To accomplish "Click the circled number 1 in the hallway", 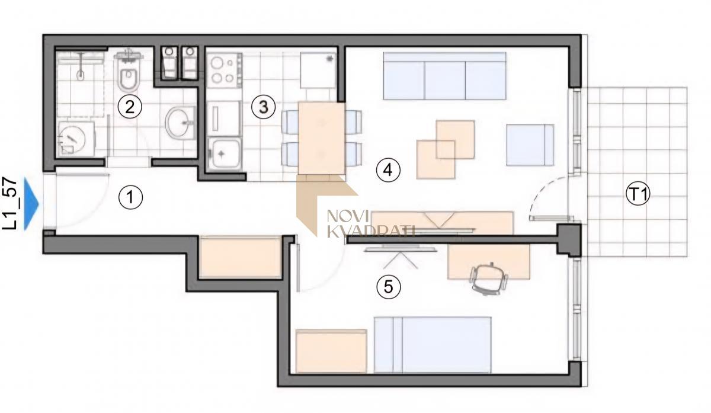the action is (x=130, y=197).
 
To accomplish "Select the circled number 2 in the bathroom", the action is (x=130, y=107).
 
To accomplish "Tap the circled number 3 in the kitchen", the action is (x=264, y=107).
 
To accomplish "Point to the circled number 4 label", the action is (x=388, y=171).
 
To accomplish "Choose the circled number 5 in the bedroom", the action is (x=389, y=287).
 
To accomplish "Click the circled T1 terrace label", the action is (x=638, y=194).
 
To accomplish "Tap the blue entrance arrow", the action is (x=31, y=204).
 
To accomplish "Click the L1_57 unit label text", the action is (x=9, y=204).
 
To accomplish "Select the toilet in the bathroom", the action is (x=129, y=72).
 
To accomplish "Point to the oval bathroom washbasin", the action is (x=180, y=123).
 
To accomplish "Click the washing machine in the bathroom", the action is (x=76, y=139).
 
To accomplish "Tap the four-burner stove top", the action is (x=225, y=70).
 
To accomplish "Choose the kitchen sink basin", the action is (x=225, y=155).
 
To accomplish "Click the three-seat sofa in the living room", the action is (x=445, y=76).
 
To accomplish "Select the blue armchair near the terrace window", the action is (x=530, y=145).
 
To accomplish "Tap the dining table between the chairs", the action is (x=322, y=138).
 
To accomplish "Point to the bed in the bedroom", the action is (x=433, y=345).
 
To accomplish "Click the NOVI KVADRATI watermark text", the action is (x=371, y=223).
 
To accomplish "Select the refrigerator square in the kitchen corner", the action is (x=318, y=70).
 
